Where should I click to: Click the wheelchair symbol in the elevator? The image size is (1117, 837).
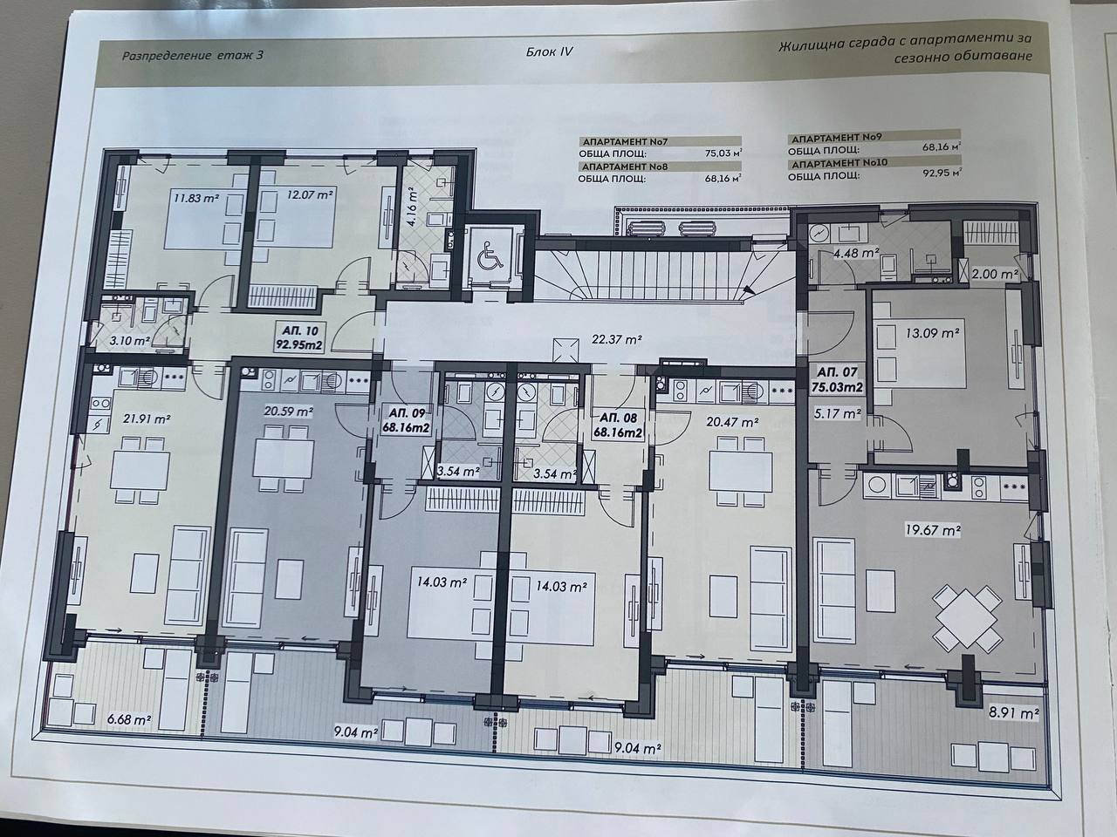pyautogui.click(x=490, y=256)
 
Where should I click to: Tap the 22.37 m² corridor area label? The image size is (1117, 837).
pyautogui.click(x=616, y=339)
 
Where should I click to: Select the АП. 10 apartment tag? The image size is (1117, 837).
pyautogui.click(x=299, y=337)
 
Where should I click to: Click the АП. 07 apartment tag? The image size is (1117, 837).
pyautogui.click(x=837, y=379)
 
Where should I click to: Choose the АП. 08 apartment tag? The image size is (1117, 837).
pyautogui.click(x=618, y=425)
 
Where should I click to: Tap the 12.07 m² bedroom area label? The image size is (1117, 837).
pyautogui.click(x=310, y=195)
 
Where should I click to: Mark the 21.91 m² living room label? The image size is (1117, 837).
pyautogui.click(x=147, y=419)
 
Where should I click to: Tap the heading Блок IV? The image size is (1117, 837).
pyautogui.click(x=549, y=51)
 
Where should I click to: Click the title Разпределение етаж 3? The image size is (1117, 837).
pyautogui.click(x=192, y=55)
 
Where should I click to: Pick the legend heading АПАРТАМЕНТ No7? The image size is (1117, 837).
pyautogui.click(x=625, y=142)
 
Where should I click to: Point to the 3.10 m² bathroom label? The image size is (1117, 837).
pyautogui.click(x=129, y=341)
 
